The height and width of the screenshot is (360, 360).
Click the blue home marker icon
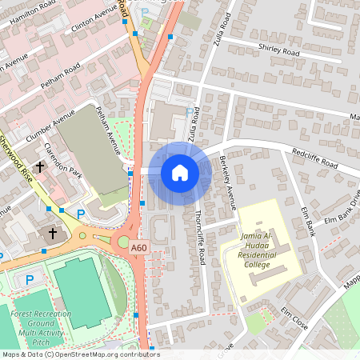click(180, 172)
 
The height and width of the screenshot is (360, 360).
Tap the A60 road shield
click(139, 249)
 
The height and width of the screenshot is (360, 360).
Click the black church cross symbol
click(53, 234)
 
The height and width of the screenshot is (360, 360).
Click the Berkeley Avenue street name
click(226, 181)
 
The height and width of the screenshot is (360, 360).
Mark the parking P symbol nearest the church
click(80, 214)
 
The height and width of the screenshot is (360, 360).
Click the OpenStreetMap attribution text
click(80, 354)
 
